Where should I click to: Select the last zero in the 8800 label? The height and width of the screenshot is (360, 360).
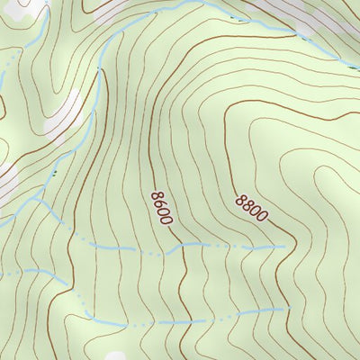[x=262, y=217]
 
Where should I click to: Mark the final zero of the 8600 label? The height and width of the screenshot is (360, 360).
[x=167, y=220]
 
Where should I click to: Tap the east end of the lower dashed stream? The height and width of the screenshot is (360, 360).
[x=286, y=308]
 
